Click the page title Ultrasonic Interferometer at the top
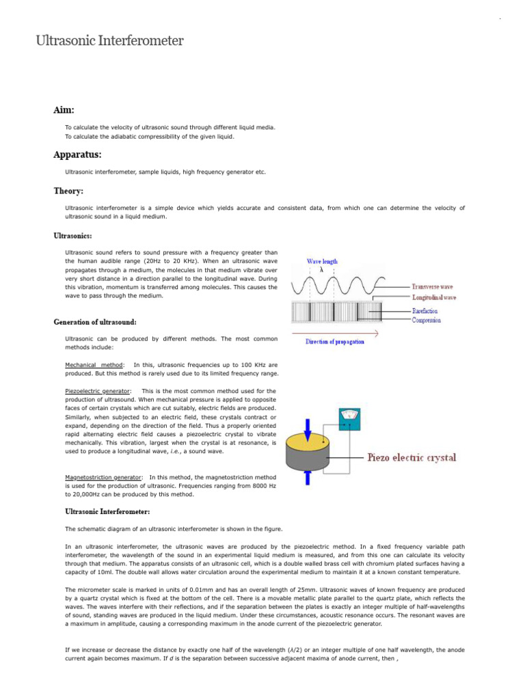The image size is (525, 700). [109, 41]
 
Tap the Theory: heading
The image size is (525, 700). [68, 191]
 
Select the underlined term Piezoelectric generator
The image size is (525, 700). [96, 391]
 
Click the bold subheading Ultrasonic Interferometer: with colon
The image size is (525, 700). [107, 511]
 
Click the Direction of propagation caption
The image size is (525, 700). [334, 341]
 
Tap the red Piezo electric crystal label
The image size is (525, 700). [412, 457]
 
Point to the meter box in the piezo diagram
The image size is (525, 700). [350, 417]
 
